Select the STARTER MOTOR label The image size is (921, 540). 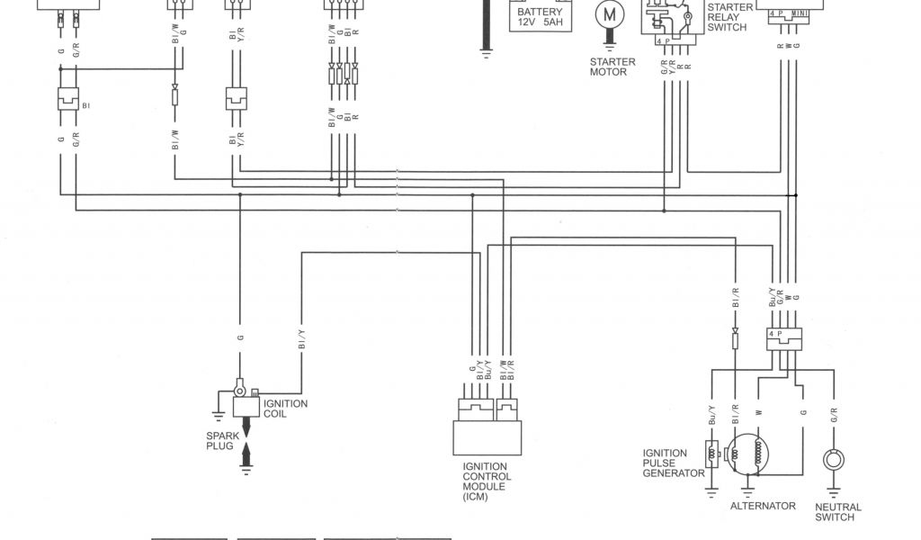(613, 67)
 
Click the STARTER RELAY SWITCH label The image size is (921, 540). (729, 17)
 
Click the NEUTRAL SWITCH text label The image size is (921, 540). (838, 512)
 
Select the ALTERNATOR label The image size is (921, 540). (763, 506)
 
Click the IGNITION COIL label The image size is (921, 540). (285, 409)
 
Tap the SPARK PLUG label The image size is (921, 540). (219, 440)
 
